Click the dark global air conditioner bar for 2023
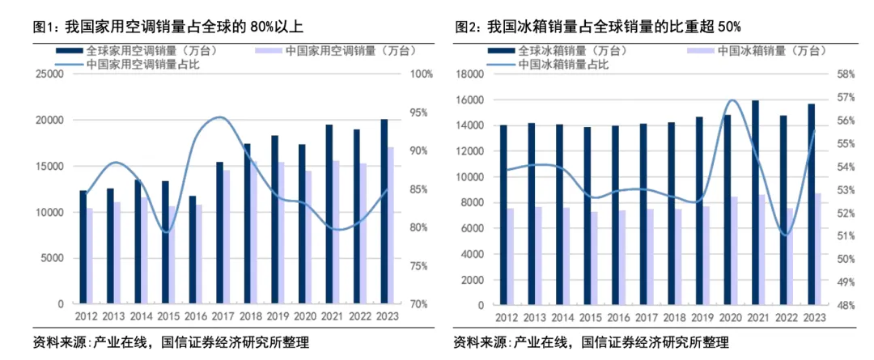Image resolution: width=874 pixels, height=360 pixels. tap(384, 212)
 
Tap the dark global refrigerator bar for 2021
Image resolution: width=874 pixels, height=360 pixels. tap(755, 202)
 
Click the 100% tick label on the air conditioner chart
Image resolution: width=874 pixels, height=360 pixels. tap(422, 74)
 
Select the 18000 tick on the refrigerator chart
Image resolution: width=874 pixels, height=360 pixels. tap(470, 74)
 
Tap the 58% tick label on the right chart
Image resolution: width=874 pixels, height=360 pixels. tap(846, 74)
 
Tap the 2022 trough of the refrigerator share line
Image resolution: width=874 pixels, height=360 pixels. tap(786, 235)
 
